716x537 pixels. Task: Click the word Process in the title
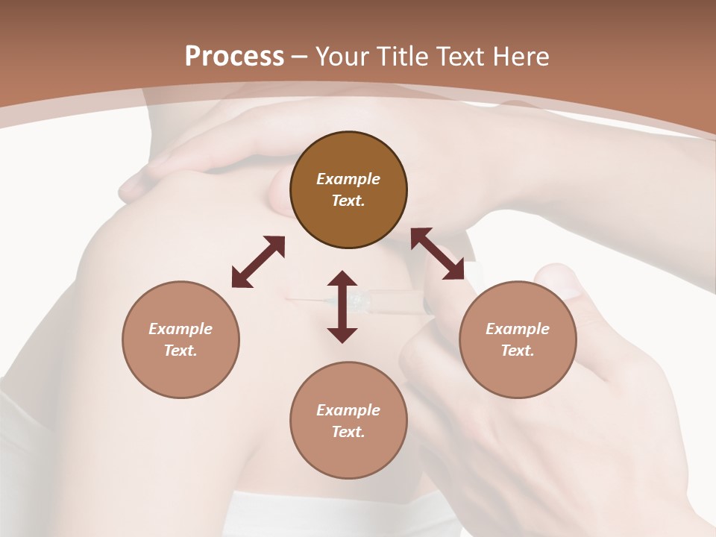coord(234,57)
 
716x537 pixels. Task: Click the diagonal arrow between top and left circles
coord(258,262)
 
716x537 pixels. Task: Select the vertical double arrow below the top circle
coord(342,307)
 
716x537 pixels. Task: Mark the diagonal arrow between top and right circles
coord(437,254)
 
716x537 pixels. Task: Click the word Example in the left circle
coord(180,329)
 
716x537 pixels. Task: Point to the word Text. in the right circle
coord(518,351)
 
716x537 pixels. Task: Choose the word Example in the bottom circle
coord(348,410)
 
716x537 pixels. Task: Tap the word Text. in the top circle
coord(348,201)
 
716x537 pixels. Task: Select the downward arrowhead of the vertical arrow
coord(342,333)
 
